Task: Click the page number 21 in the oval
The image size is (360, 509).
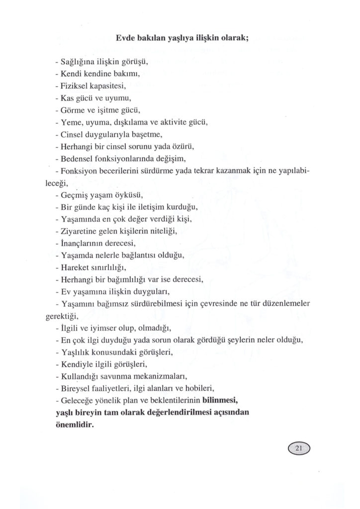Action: tap(298, 449)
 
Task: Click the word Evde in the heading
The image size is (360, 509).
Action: tap(125, 38)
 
